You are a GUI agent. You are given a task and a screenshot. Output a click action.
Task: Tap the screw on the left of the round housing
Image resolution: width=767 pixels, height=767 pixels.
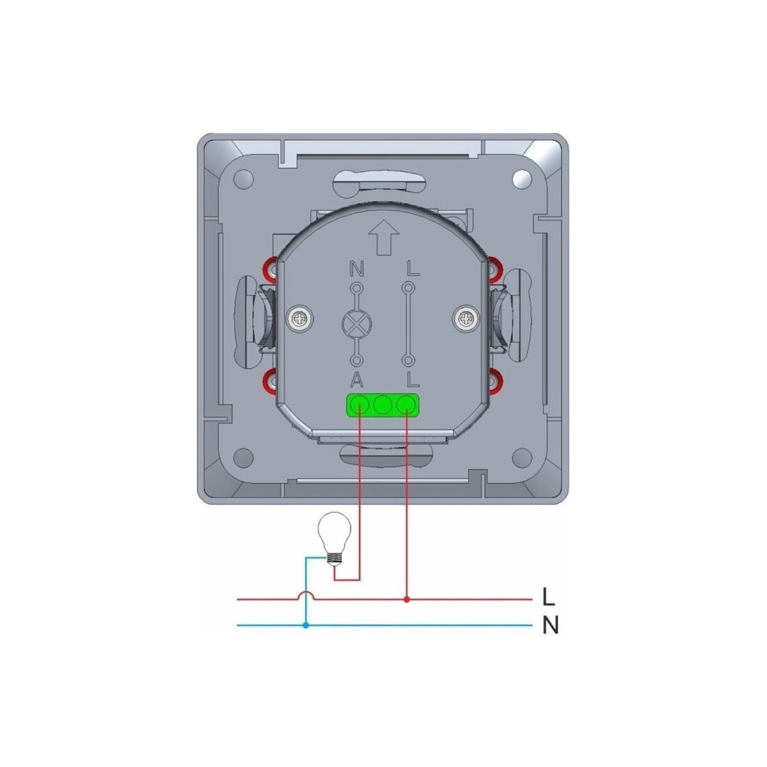pyautogui.click(x=299, y=318)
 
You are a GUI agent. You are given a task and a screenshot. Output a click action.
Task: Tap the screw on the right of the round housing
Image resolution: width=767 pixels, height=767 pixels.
pyautogui.click(x=465, y=318)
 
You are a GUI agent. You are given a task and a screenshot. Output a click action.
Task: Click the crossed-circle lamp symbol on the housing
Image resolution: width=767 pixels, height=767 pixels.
pyautogui.click(x=356, y=323)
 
